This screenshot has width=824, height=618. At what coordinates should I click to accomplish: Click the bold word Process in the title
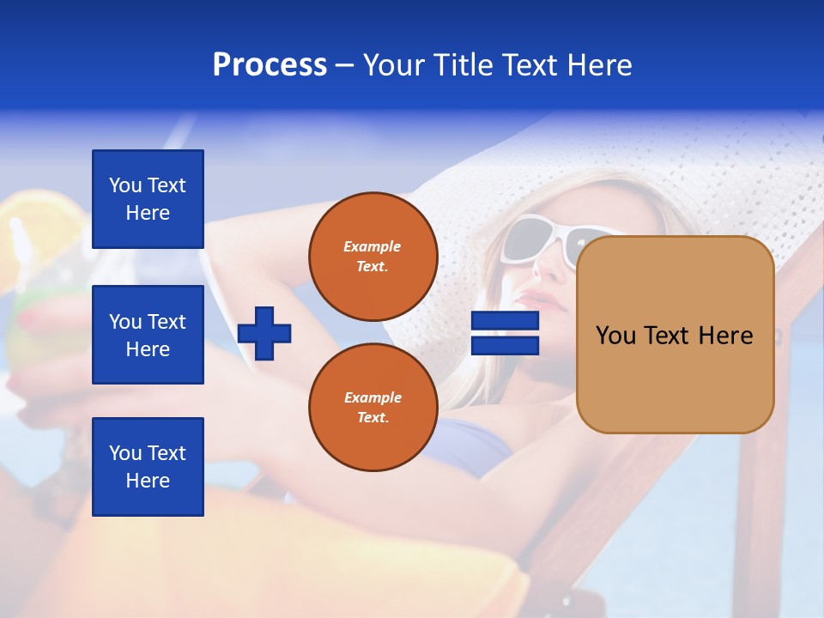click(270, 65)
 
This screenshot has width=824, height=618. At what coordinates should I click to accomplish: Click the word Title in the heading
click(464, 65)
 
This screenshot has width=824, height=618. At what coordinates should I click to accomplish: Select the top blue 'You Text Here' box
click(148, 199)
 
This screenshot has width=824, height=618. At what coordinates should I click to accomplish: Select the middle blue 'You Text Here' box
click(148, 335)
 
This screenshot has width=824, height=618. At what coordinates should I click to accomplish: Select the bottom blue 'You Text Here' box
click(148, 467)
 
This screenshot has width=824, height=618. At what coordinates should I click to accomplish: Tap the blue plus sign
click(264, 333)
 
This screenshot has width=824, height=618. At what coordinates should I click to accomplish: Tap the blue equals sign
click(505, 333)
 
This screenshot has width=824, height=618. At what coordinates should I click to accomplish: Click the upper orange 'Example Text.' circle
click(373, 256)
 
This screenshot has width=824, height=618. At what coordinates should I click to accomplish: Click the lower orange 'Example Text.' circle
click(373, 407)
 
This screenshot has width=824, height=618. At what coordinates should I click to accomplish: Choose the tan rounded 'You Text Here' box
click(675, 335)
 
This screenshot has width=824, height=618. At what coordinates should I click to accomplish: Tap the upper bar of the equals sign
click(505, 321)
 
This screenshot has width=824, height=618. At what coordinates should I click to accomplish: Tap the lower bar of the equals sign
click(505, 346)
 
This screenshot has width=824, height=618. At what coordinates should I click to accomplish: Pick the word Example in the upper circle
click(373, 246)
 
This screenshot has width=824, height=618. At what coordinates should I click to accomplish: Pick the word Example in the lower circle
click(373, 397)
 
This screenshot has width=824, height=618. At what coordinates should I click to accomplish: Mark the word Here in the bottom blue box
click(148, 481)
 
